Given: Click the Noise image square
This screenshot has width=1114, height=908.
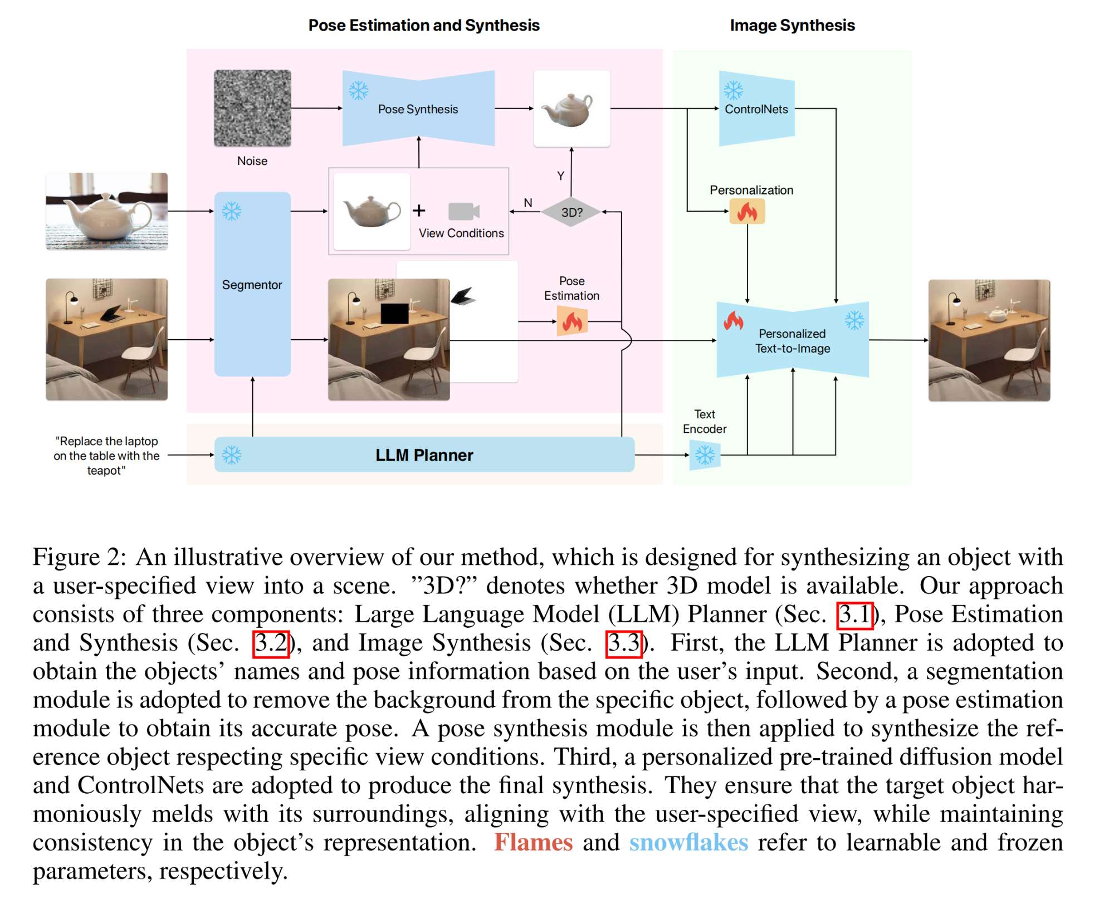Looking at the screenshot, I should point(252,108).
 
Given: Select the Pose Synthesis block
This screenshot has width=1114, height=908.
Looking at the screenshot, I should point(418,109).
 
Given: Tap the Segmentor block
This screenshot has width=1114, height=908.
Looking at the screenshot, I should point(252,284).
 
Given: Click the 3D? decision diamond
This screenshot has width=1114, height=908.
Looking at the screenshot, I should point(571,212).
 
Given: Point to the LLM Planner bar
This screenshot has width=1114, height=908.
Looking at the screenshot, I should point(424,455).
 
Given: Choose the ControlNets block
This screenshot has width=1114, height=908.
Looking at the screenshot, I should point(756,109).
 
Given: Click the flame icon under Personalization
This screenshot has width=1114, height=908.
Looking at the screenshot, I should point(747,212).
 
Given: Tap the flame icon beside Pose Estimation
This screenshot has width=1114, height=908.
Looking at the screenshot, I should point(572,322).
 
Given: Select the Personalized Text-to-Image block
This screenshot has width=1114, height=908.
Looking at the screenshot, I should point(792,340).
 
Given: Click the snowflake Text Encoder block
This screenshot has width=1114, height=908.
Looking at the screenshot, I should point(705,455).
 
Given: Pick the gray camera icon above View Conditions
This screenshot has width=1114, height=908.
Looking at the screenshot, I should point(463,211).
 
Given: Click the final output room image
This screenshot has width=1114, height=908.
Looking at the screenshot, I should point(989,340).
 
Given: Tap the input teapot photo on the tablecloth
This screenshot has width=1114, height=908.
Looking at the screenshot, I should point(106,211).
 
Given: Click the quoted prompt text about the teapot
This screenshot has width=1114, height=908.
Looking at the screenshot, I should point(106,455).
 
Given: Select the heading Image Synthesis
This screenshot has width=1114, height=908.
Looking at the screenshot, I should point(792,25).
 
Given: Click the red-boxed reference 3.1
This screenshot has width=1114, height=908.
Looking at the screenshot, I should point(854,614).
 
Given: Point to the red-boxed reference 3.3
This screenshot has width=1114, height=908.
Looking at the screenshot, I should point(624,643).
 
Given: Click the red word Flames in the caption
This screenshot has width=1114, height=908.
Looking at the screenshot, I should point(533,842).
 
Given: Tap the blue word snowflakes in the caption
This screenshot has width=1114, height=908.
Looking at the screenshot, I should point(688,842).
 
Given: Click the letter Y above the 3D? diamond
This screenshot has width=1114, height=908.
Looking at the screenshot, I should point(561,175).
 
